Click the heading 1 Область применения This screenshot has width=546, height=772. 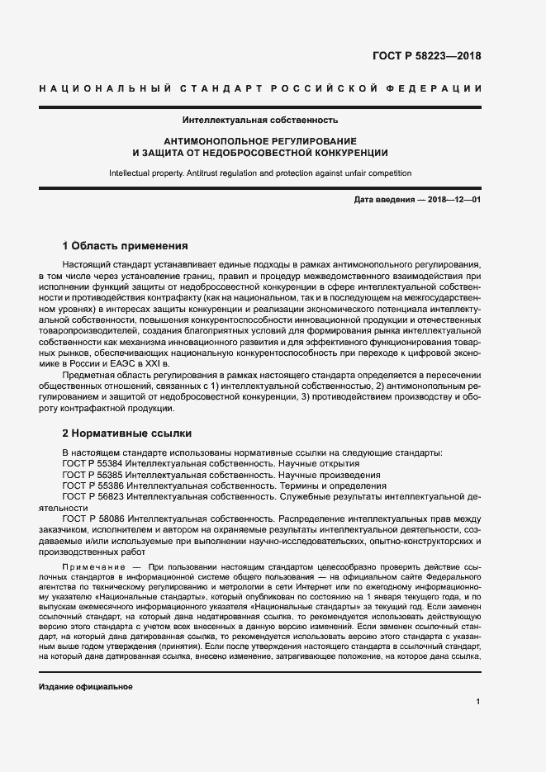pos(126,246)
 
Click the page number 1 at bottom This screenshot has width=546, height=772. pos(478,702)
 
